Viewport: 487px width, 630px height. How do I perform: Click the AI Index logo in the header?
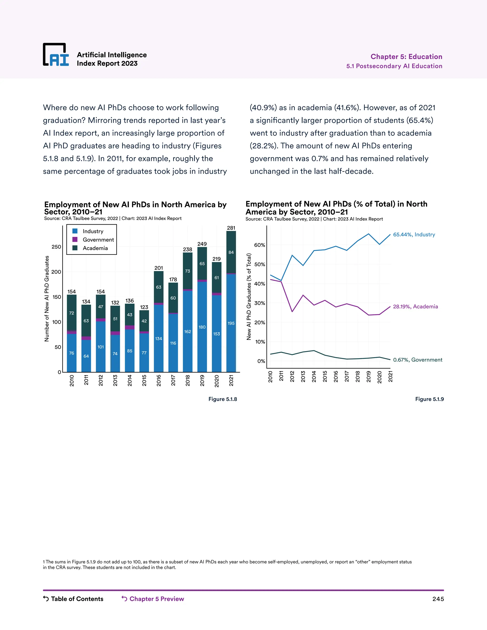pos(56,55)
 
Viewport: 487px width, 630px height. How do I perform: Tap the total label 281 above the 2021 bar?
pos(231,228)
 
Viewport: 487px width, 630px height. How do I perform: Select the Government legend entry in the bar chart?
pos(98,240)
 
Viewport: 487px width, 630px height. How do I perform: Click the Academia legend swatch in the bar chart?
pos(75,248)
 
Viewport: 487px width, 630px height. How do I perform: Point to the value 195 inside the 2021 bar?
pos(231,323)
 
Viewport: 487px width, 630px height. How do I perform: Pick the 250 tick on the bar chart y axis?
pos(56,247)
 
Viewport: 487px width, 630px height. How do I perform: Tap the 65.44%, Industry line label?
pos(414,234)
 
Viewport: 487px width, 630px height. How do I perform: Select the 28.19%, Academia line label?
pos(415,307)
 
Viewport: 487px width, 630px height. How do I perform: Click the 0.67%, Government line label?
pos(418,360)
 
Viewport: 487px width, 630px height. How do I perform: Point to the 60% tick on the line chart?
pos(259,245)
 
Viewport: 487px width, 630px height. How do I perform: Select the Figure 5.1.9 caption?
pos(429,399)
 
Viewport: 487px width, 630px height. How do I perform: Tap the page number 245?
pos(438,599)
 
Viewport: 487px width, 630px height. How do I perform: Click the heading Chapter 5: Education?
pos(406,57)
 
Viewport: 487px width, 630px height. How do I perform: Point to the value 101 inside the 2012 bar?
pos(100,347)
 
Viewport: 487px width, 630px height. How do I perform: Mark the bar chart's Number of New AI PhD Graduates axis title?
pos(47,299)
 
